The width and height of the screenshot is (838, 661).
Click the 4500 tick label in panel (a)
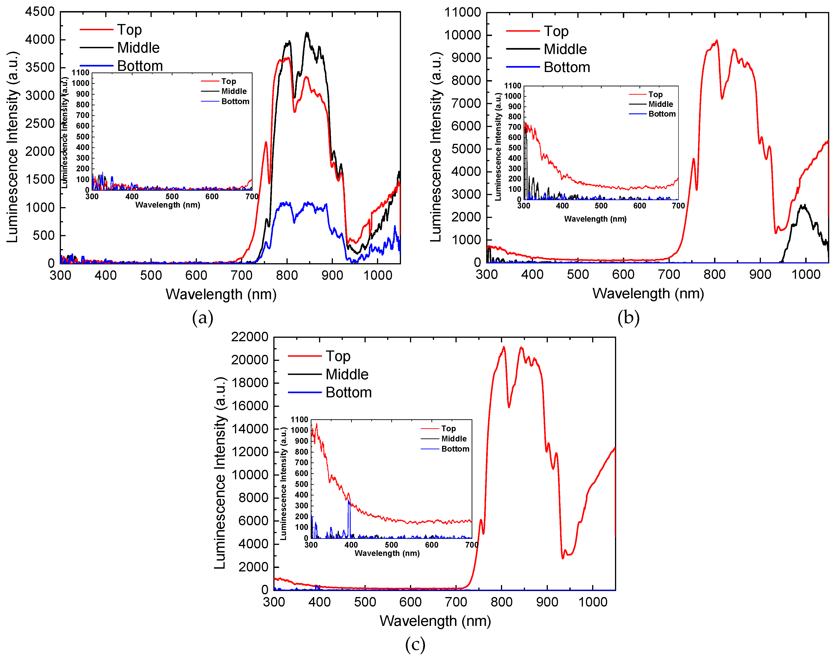point(40,12)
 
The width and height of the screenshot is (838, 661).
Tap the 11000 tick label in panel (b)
point(462,12)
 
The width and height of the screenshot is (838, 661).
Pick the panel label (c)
point(415,644)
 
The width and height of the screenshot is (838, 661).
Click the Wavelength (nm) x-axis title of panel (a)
point(221,295)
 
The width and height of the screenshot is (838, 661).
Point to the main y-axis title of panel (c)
point(220,473)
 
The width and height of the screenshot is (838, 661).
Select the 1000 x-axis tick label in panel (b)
point(806,274)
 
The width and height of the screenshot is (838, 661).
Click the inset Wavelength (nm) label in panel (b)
point(595,219)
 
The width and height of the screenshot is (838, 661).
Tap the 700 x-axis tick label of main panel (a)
point(241,275)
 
